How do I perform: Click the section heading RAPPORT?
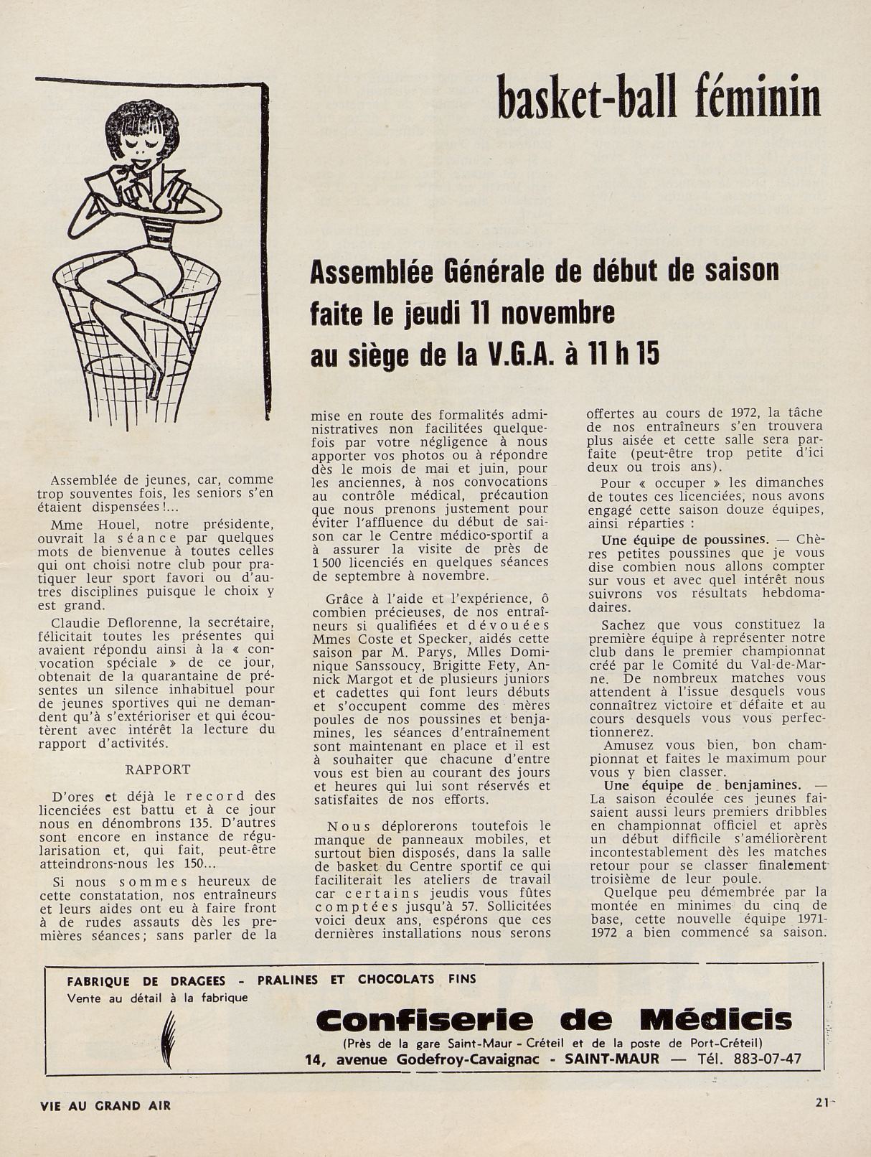tap(158, 769)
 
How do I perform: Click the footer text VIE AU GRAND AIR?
tap(106, 1105)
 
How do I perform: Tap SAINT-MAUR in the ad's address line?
tap(619, 1059)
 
